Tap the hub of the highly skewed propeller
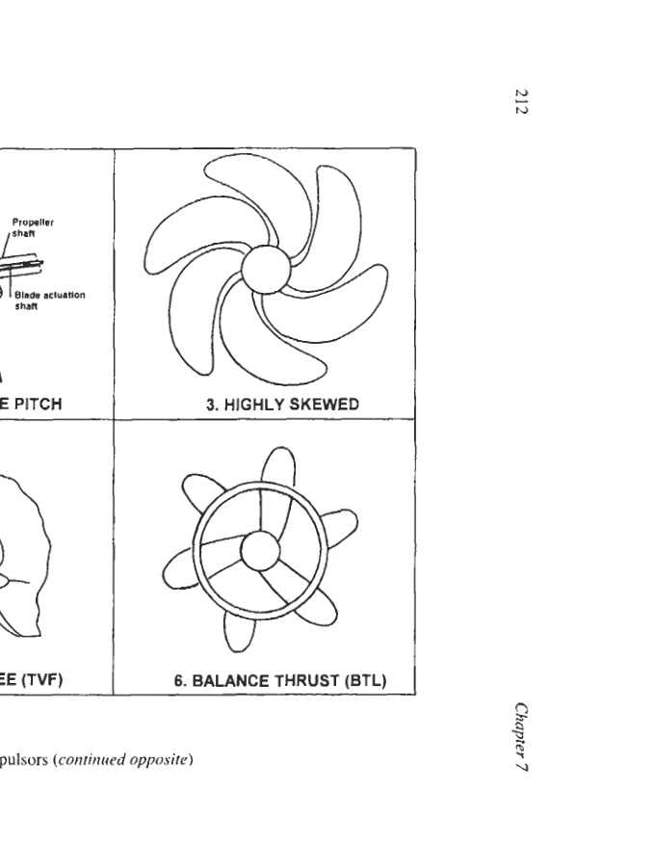click(x=265, y=269)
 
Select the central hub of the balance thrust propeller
click(x=258, y=551)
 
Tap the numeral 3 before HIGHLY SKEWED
click(x=210, y=405)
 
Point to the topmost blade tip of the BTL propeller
click(x=278, y=453)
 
